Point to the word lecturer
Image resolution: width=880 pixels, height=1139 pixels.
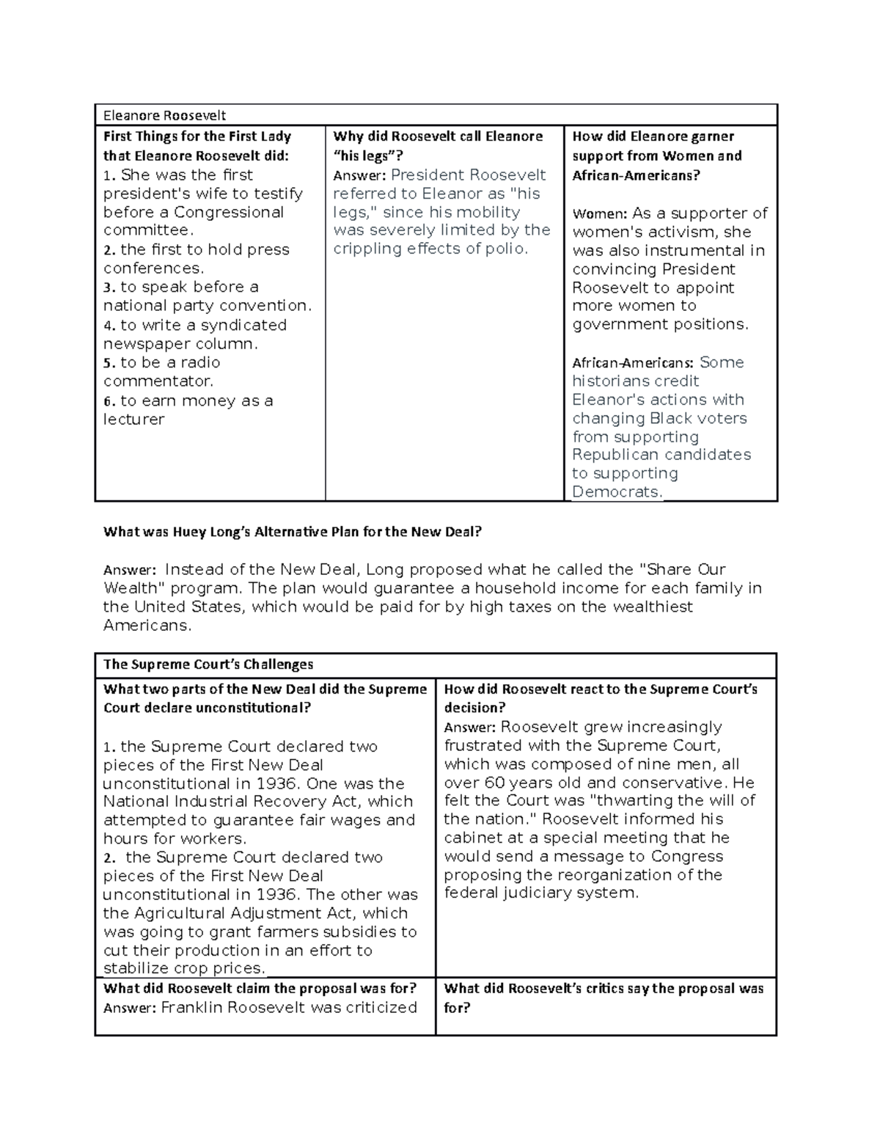[133, 420]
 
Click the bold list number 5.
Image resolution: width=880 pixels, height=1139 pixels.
[109, 363]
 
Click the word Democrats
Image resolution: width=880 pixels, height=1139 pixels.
[616, 492]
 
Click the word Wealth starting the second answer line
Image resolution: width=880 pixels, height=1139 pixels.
[131, 588]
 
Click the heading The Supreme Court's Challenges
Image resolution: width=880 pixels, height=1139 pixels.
[208, 664]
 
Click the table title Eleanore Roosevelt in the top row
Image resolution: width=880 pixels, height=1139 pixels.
[164, 115]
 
